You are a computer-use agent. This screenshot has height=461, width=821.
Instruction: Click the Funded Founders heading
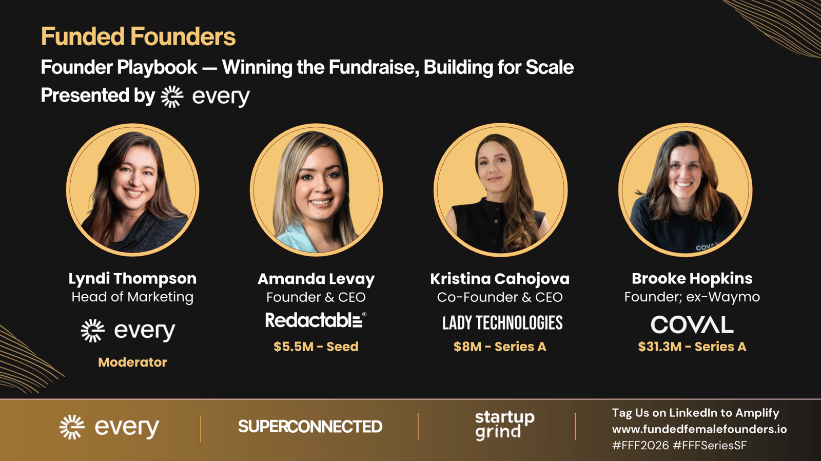(138, 36)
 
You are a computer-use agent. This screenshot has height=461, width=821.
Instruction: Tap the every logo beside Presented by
(205, 97)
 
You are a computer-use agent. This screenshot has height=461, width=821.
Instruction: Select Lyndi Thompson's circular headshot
(133, 189)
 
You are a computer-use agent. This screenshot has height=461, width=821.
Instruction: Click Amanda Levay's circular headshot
(316, 189)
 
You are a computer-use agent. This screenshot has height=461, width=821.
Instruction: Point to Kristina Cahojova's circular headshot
(500, 189)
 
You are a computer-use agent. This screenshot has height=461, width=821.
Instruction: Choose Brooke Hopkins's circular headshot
(685, 189)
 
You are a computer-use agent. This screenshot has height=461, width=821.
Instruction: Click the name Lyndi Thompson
(132, 279)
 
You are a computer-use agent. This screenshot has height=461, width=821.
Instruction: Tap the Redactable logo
(316, 320)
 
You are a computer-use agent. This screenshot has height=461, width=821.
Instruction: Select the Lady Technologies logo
(502, 323)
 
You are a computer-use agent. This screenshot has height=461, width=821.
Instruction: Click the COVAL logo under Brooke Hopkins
(692, 324)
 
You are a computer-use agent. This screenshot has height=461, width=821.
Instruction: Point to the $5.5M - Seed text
(316, 347)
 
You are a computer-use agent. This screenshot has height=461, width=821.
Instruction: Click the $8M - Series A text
(500, 347)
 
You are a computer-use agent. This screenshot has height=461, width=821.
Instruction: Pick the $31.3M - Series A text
(692, 347)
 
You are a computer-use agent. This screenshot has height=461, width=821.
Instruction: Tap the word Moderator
(133, 362)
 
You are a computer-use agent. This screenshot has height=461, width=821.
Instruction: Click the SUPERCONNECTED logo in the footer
(310, 426)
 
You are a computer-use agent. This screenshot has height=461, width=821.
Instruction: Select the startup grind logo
(505, 426)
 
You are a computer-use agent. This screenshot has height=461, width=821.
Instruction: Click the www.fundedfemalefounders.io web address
(699, 429)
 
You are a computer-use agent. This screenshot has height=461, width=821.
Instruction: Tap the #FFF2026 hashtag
(641, 446)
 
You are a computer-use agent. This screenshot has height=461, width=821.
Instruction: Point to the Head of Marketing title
(132, 297)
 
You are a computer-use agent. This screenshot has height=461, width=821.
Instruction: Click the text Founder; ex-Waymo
(692, 297)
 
